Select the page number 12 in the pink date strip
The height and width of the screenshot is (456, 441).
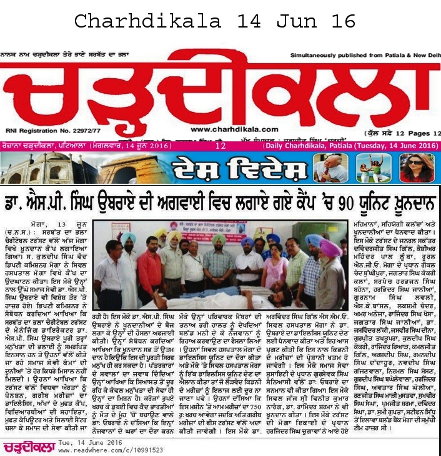[x=220, y=145]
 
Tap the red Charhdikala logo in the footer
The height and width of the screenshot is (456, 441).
[x=27, y=447]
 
